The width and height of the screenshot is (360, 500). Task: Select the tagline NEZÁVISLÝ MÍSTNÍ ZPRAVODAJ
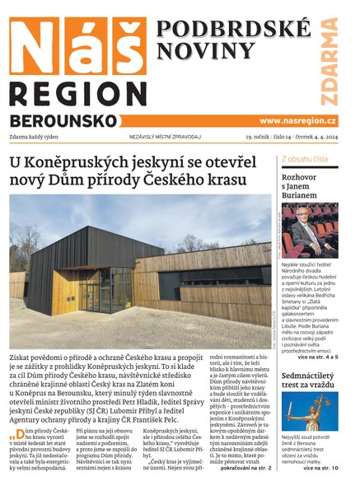(x=166, y=137)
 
